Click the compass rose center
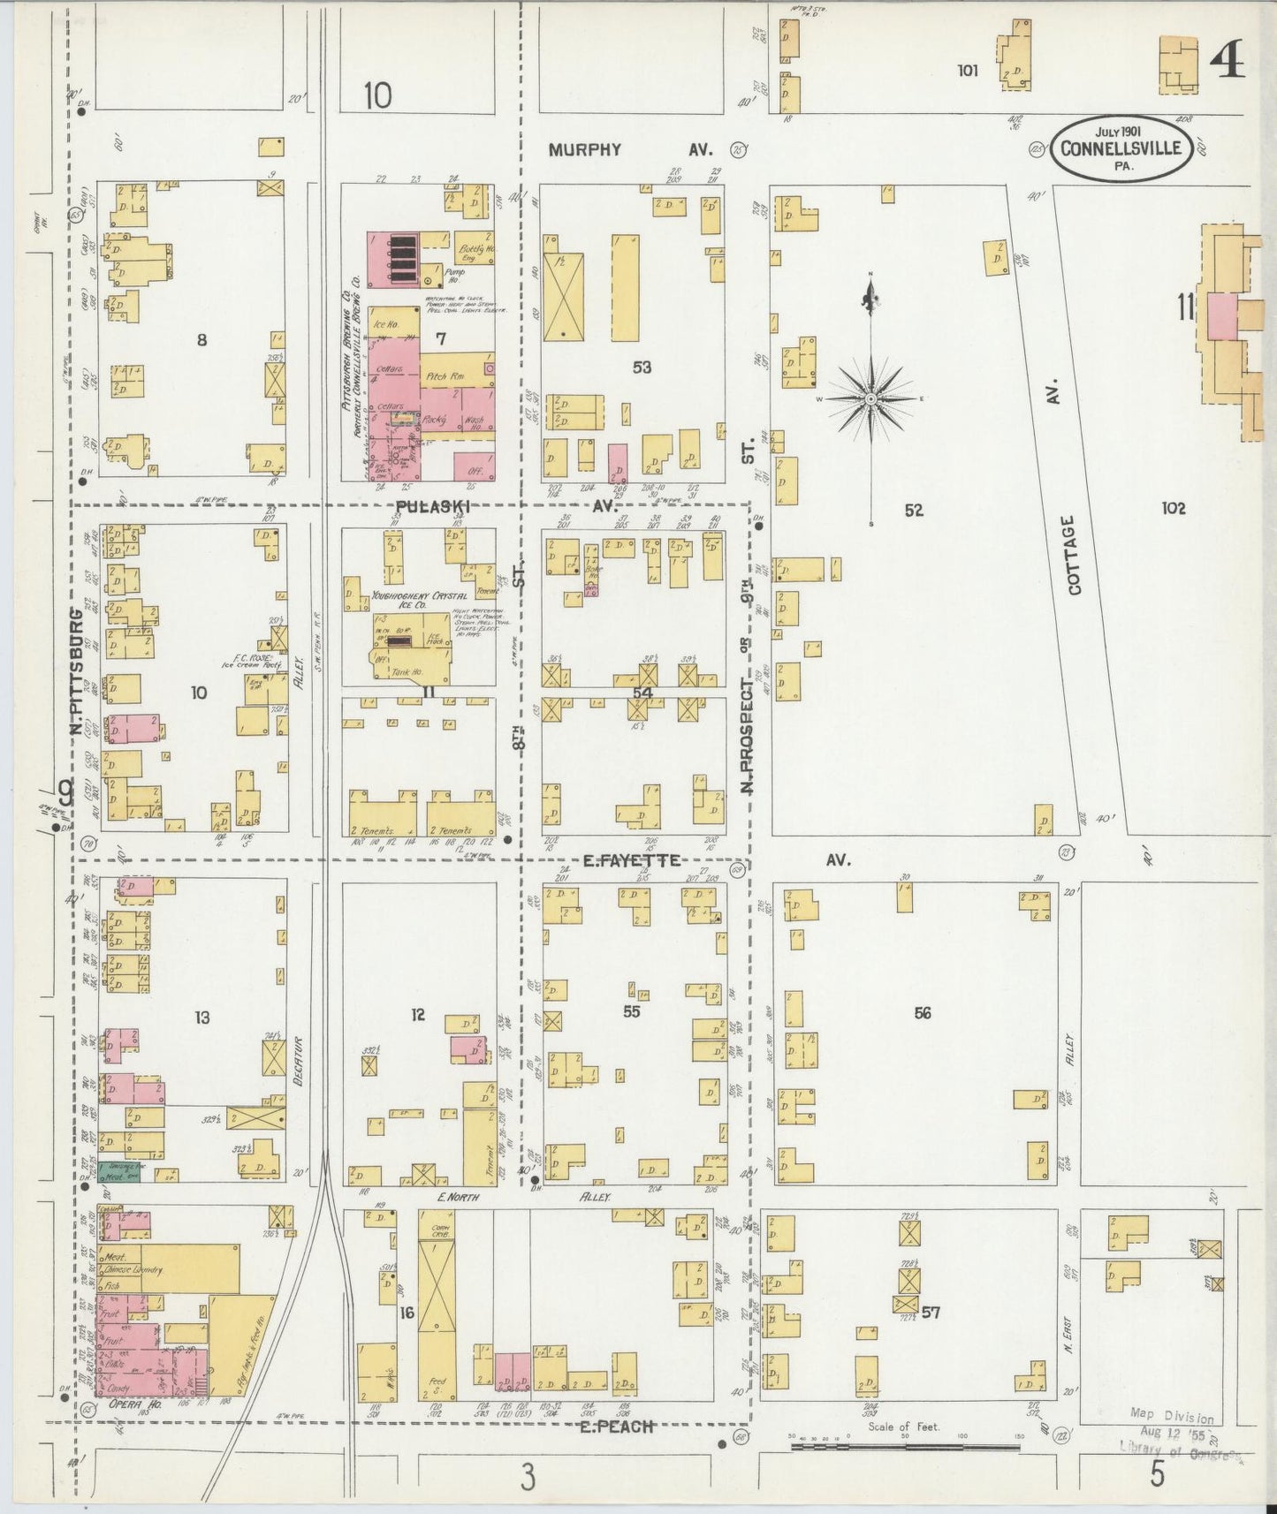pyautogui.click(x=871, y=399)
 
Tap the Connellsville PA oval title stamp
pyautogui.click(x=1121, y=149)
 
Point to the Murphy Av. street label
pyautogui.click(x=585, y=149)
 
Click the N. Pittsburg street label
pyautogui.click(x=78, y=671)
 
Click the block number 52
pyautogui.click(x=914, y=510)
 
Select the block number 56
pyautogui.click(x=923, y=1013)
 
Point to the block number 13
pyautogui.click(x=202, y=1018)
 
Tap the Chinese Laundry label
pyautogui.click(x=135, y=1270)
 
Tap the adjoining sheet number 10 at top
pyautogui.click(x=376, y=95)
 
